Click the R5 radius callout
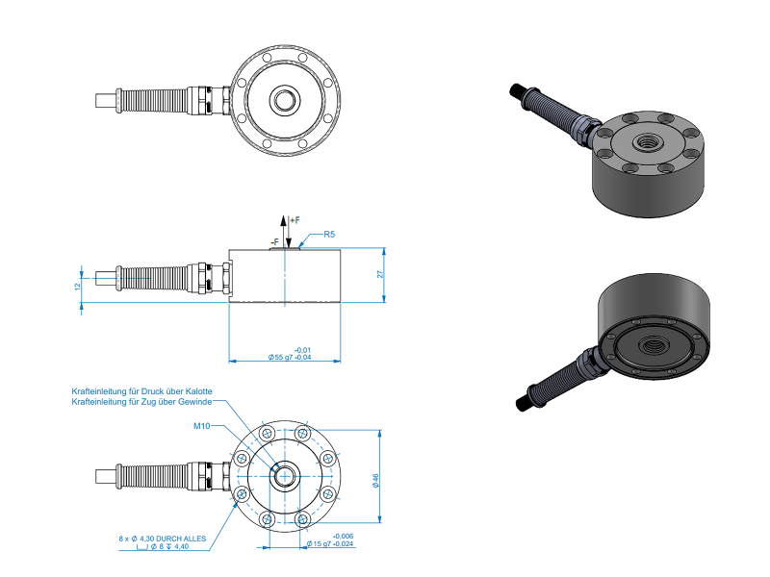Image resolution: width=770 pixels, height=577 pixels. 329,234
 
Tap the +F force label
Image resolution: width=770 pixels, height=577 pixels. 295,220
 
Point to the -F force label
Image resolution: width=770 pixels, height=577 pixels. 274,242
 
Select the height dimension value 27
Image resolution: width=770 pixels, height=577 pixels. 379,275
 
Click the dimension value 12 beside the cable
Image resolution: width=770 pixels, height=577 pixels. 77,287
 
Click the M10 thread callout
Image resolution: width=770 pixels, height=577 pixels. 201,426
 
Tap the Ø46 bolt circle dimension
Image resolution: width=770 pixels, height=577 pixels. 375,480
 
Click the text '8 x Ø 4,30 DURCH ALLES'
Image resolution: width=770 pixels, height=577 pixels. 162,539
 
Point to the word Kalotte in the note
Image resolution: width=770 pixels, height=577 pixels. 199,391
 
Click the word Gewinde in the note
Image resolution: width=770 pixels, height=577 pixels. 195,401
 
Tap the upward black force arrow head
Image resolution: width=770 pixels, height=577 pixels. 283,220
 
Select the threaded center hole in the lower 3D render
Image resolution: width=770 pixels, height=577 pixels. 654,345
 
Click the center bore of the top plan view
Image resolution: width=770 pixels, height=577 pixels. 284,101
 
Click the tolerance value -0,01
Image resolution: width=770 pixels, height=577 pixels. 302,350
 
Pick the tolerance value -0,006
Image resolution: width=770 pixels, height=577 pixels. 343,537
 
